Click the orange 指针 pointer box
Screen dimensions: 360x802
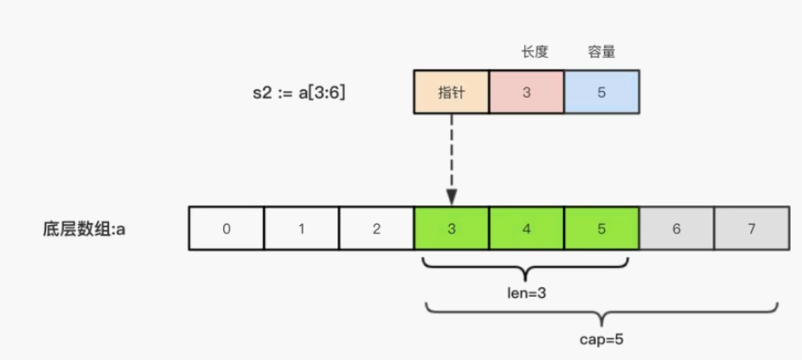click(452, 91)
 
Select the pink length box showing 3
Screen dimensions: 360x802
click(526, 91)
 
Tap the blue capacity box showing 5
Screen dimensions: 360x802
click(601, 91)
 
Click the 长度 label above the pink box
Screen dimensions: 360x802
click(527, 52)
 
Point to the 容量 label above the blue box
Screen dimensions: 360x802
click(601, 52)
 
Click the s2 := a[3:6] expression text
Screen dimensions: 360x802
click(295, 92)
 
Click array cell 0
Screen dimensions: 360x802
click(226, 229)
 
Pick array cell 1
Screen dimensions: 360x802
click(301, 229)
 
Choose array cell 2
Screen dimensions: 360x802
click(376, 229)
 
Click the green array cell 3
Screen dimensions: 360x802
click(452, 229)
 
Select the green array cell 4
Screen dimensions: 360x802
click(526, 229)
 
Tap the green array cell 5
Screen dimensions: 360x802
click(601, 229)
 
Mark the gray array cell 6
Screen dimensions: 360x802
click(677, 229)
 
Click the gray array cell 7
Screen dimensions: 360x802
click(751, 229)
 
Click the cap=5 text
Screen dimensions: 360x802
click(601, 338)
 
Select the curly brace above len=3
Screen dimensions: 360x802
click(527, 268)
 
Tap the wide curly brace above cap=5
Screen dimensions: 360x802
click(601, 312)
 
